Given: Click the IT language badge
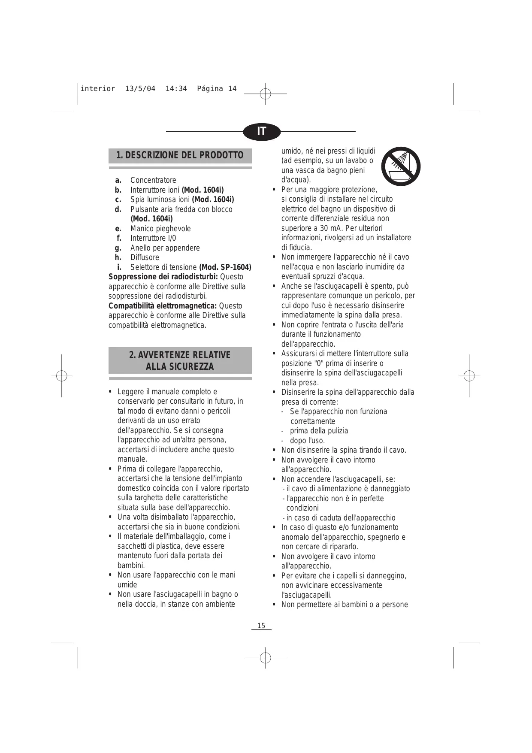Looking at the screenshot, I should point(262,131).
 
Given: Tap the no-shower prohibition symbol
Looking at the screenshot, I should point(401,166).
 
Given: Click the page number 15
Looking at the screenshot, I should point(261,626).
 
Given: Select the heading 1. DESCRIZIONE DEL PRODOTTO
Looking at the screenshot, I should point(180,155).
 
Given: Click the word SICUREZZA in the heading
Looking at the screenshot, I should point(180,366).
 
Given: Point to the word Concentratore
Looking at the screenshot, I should point(153,180).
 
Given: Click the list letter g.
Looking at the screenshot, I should point(118,248).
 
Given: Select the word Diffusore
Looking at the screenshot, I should point(145,257).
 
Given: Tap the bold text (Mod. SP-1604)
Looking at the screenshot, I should point(225,267).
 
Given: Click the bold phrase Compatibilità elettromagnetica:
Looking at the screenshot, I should point(163,306).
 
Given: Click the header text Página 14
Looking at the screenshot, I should point(217,89).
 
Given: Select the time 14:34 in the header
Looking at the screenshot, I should point(176,89).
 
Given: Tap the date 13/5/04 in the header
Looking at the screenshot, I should point(140,89).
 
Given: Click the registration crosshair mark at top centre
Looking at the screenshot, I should point(266,93).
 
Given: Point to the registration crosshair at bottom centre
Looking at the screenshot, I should point(266,657).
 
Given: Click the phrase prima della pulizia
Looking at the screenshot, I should point(319,431).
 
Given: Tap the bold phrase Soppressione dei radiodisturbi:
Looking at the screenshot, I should point(163,277).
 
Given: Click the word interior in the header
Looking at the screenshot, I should point(98,89).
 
